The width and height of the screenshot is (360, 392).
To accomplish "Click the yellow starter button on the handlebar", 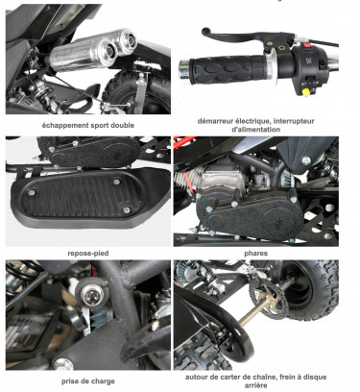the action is pos(305,92).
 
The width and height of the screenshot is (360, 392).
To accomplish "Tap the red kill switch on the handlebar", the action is pos(307,45).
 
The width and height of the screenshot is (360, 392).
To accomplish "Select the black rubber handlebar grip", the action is pos(228,69).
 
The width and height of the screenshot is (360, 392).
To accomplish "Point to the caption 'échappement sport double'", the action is pos(88,125).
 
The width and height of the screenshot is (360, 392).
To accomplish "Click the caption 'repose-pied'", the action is pos(88,254).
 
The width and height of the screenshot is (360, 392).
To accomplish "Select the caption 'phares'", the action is pos(256,254).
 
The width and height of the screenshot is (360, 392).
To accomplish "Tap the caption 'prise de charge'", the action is pos(88,381).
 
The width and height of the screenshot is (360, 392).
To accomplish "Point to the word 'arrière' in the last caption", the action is pos(256,385).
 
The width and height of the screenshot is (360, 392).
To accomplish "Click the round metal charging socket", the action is pos(89,293).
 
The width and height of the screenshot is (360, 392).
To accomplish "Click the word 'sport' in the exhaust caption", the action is pos(98,125).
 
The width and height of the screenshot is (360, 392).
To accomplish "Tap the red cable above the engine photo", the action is pos(184,141).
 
